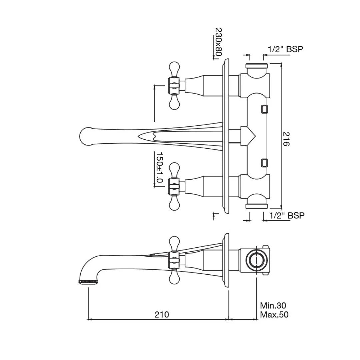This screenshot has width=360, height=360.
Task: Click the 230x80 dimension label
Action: point(218,42)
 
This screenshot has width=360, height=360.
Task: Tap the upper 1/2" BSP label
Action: point(285,49)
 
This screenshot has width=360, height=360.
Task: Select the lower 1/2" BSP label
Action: point(286,216)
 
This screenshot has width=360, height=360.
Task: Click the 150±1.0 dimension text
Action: point(159,167)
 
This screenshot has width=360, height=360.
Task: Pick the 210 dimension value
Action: point(162,314)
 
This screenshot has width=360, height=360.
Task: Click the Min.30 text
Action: point(273,305)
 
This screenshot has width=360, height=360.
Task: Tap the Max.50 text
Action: point(274,314)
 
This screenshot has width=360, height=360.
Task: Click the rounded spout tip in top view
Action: point(86,136)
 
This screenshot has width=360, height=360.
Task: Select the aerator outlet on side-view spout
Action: point(88,282)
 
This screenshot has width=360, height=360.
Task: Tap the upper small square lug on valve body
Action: point(264,109)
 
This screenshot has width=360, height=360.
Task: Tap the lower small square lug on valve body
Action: point(264,162)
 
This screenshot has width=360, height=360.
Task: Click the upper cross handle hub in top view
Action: point(174,85)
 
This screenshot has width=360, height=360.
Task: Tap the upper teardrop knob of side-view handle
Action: point(174,243)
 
